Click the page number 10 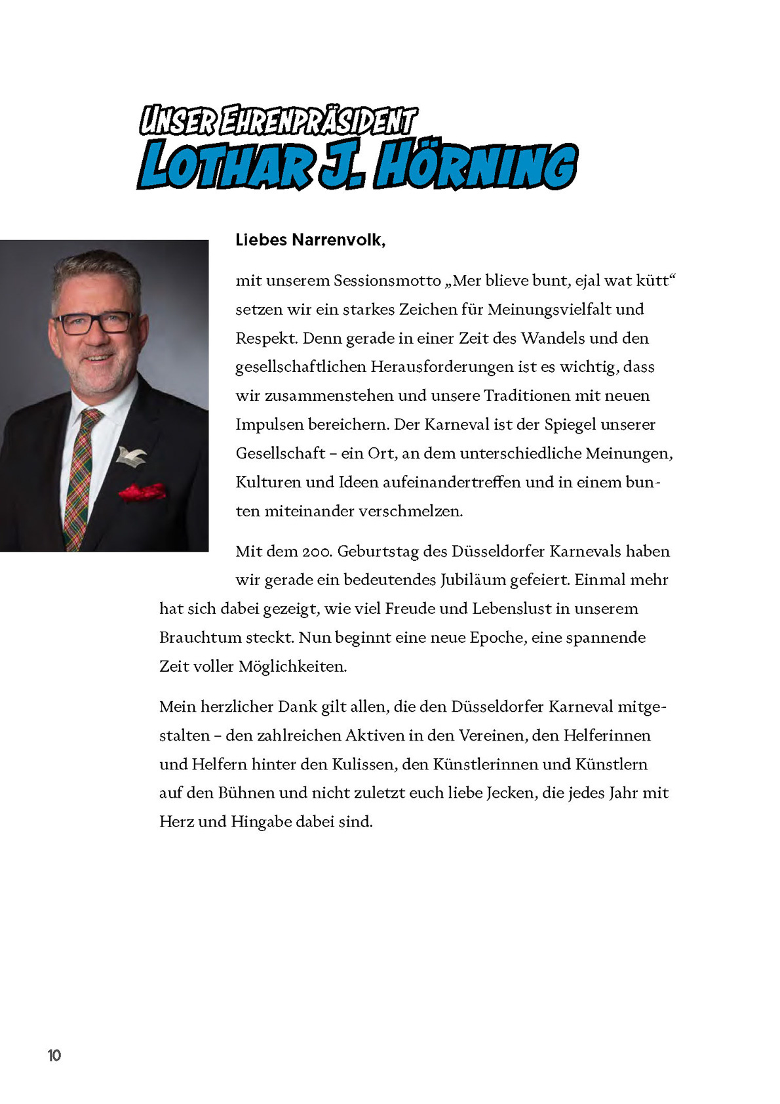pyautogui.click(x=54, y=1055)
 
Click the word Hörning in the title pyautogui.click(x=475, y=166)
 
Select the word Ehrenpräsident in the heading pyautogui.click(x=318, y=121)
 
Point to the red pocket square pyautogui.click(x=142, y=491)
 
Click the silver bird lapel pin pyautogui.click(x=130, y=454)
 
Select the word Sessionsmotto pyautogui.click(x=387, y=281)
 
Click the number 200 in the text pyautogui.click(x=316, y=552)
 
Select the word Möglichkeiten pyautogui.click(x=292, y=666)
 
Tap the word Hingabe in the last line pyautogui.click(x=261, y=822)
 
